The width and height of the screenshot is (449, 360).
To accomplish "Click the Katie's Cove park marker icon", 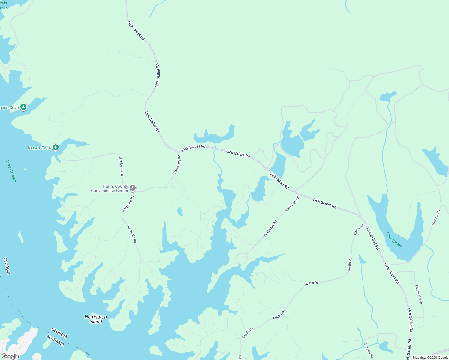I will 55,148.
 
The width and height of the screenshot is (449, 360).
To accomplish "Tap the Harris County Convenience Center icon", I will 133,188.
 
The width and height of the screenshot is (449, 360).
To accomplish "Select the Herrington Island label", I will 96,319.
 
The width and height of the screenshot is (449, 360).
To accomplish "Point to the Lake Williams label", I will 396,240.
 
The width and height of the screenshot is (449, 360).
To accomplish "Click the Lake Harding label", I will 11,171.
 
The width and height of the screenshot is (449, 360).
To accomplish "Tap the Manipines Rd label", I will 121,166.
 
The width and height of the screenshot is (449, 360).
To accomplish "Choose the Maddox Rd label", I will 436,217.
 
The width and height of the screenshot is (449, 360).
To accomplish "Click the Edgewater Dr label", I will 419,294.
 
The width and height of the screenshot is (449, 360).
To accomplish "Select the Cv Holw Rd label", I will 369,350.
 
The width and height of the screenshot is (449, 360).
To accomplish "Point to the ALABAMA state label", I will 55,341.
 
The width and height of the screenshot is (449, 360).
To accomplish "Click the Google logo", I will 10,356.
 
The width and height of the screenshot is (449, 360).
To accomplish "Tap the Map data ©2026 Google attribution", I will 430,358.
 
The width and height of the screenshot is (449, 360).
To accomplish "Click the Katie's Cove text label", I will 39,148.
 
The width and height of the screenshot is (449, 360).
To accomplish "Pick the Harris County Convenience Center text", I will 110,188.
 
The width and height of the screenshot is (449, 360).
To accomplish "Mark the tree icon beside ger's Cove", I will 23,107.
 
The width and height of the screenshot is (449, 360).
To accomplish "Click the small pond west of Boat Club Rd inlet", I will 180,211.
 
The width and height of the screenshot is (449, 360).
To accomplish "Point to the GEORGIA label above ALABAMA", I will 59,333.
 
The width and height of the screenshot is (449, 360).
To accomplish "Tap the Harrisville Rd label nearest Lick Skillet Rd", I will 177,164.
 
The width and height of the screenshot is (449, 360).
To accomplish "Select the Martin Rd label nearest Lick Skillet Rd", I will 358,230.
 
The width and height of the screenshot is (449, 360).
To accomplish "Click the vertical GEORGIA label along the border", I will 7,266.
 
